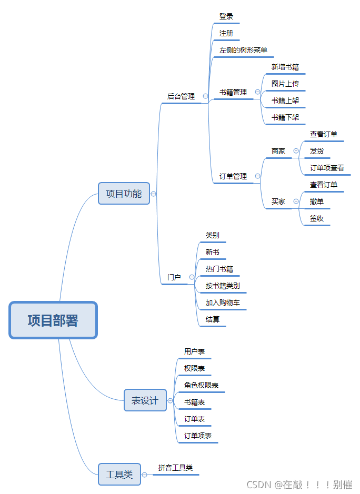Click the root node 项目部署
[53, 320]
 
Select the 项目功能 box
[124, 194]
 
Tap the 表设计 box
[145, 400]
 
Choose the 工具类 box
[119, 475]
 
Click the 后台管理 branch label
[181, 96]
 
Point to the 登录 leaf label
[226, 17]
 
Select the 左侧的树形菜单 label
[243, 51]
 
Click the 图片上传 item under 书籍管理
[285, 84]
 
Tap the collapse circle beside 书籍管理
[257, 92]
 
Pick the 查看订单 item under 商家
[324, 134]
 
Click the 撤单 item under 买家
[317, 201]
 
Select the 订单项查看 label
[327, 168]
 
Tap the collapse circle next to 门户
[192, 277]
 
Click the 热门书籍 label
[219, 269]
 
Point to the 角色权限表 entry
[201, 385]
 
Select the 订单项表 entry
[198, 436]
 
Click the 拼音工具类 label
[175, 467]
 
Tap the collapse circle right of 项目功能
[153, 194]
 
